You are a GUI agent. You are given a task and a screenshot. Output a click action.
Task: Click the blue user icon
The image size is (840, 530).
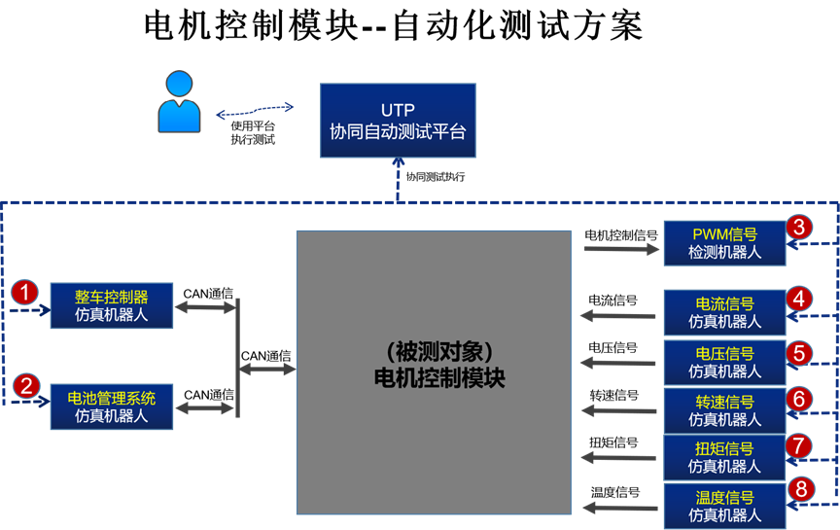click(179, 101)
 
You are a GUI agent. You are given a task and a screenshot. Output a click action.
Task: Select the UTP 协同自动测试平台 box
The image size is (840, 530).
click(398, 121)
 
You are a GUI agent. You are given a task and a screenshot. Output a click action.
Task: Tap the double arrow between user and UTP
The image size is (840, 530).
click(255, 112)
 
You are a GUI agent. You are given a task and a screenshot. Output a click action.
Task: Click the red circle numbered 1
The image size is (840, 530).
click(24, 292)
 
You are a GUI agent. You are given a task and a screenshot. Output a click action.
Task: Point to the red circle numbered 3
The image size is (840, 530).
click(798, 228)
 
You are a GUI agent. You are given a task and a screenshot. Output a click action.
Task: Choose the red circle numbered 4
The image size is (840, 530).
click(798, 298)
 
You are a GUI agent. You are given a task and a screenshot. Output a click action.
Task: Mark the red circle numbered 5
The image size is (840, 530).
click(798, 351)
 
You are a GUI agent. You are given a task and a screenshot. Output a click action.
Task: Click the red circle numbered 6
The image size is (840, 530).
click(798, 399)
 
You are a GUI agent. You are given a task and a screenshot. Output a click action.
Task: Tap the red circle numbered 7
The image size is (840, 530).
click(798, 445)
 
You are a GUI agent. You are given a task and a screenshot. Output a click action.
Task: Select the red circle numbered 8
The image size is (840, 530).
click(798, 489)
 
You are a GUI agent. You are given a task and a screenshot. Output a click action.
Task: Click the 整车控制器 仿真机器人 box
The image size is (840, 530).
click(112, 305)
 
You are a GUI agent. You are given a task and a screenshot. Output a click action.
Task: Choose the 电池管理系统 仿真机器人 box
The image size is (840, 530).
click(112, 406)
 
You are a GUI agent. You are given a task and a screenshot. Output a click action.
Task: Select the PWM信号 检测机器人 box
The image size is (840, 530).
click(724, 243)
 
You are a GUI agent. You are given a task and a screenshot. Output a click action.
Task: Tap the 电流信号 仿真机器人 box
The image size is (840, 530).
click(724, 312)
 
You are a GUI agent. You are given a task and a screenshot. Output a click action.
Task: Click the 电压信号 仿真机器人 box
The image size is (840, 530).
click(724, 361)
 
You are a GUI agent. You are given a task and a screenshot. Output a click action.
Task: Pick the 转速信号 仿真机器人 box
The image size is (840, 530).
click(724, 409)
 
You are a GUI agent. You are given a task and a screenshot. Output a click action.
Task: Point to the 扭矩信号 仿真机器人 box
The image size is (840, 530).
click(724, 457)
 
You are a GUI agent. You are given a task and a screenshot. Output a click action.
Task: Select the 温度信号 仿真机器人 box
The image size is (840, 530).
click(724, 506)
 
